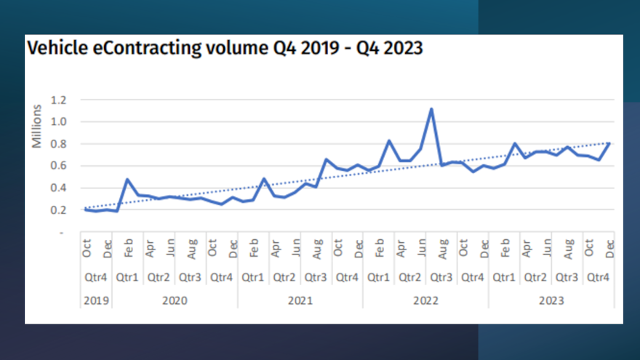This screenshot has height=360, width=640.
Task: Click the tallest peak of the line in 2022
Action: click(x=431, y=109)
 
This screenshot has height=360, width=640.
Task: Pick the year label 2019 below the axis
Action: click(x=97, y=299)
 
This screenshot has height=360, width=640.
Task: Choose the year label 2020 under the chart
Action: click(x=175, y=299)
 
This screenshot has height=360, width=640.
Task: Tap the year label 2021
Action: click(x=300, y=299)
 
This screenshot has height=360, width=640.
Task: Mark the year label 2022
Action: click(x=425, y=299)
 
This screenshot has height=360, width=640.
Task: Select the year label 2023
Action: click(x=551, y=299)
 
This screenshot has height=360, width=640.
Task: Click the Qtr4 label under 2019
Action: click(x=97, y=276)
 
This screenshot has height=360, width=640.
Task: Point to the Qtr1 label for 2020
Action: click(x=128, y=276)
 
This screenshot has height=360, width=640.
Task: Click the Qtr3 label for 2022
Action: click(x=441, y=276)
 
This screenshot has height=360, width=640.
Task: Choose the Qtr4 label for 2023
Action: click(x=598, y=276)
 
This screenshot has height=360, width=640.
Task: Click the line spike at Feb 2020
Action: click(x=128, y=179)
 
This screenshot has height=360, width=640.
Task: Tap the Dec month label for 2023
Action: click(x=609, y=249)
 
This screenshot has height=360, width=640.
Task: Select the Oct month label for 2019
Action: click(x=87, y=249)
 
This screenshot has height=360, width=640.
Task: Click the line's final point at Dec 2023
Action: click(x=609, y=143)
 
